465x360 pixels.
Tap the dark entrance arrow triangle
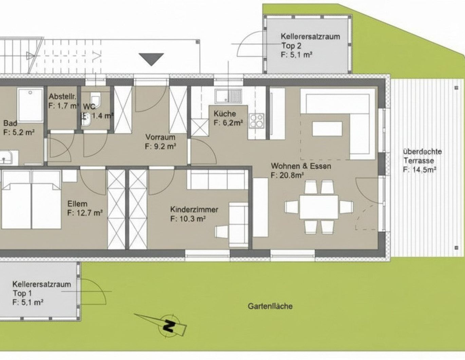tap(151, 59)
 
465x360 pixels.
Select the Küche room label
tap(225, 114)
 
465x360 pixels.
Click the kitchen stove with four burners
tap(257, 121)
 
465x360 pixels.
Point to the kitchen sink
tap(228, 96)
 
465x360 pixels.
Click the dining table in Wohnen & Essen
tap(319, 207)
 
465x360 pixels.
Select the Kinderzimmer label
tap(194, 210)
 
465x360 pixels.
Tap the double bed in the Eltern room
tap(31, 205)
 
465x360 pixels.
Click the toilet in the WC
tap(95, 99)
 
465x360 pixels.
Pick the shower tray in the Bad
tap(31, 105)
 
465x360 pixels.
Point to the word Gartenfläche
tap(270, 306)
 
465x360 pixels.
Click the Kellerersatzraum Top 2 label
tap(310, 41)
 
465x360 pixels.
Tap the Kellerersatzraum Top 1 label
tap(41, 289)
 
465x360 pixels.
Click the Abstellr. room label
tap(62, 96)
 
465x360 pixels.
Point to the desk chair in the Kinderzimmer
tap(222, 232)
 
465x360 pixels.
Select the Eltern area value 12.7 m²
tap(85, 213)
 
